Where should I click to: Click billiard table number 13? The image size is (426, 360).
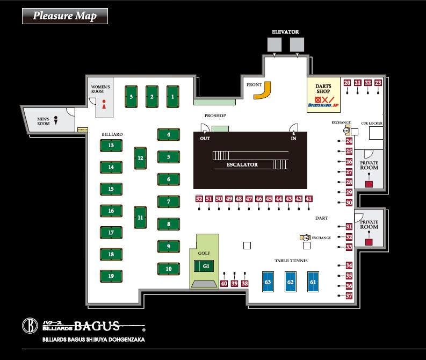coord(111,146)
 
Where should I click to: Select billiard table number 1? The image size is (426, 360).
coord(172,97)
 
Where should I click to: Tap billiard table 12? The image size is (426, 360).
coord(140,158)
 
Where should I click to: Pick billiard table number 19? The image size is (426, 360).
coord(111,276)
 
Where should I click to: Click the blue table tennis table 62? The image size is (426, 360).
coord(291,282)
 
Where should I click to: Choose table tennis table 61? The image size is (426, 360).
coord(313,282)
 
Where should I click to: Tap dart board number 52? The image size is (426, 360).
coord(199,199)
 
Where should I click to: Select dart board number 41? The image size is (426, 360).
coord(308,199)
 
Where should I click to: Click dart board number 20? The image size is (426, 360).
coord(348,83)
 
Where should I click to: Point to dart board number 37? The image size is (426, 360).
coord(349,296)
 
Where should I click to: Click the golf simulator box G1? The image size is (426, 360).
coord(205,266)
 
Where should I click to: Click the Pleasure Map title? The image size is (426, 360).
coord(64,16)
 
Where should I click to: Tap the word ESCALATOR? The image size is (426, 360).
coord(242,164)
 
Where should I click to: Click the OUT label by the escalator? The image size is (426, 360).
coord(205,138)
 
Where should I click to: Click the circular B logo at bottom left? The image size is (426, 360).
coord(30,326)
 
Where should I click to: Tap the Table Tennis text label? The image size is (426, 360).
coord(291,261)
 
